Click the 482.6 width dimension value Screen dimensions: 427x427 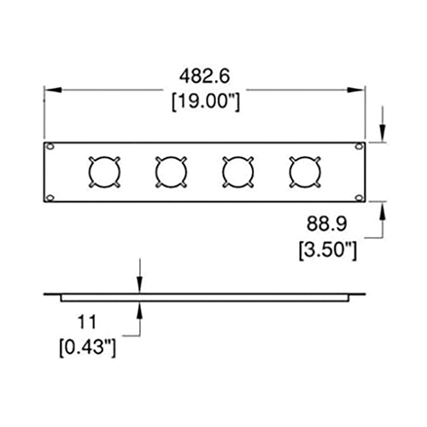[204, 76]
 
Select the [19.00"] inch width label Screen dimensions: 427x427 [206, 102]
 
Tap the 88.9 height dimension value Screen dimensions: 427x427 [327, 224]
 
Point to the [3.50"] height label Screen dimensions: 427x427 [328, 249]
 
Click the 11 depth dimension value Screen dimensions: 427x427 [87, 322]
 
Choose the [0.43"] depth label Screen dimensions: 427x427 [88, 347]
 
